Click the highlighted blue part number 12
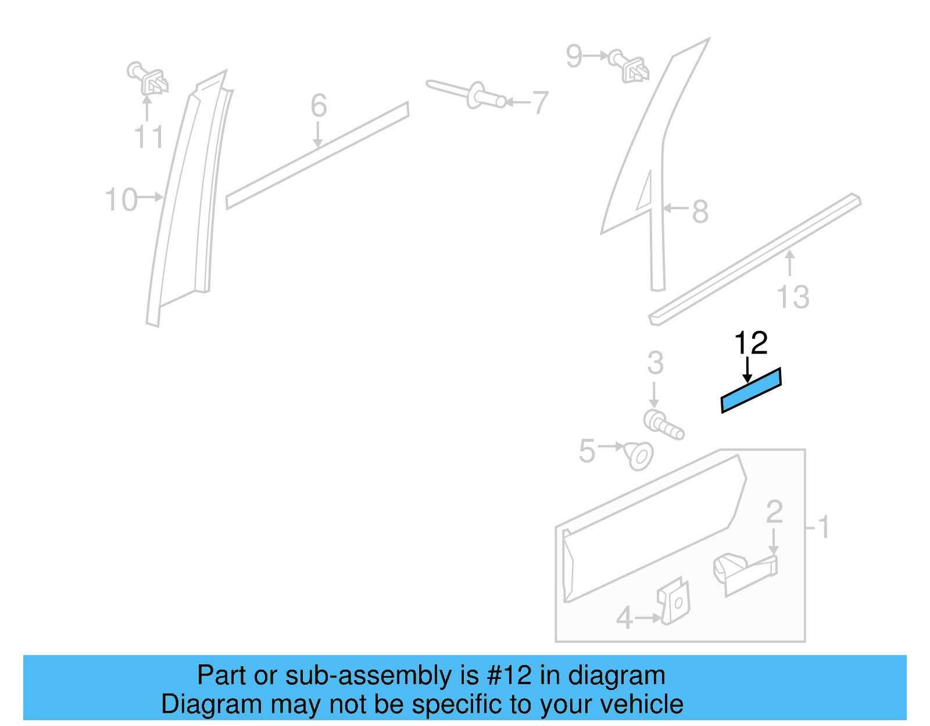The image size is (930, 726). pyautogui.click(x=751, y=390)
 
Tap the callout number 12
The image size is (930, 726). pyautogui.click(x=751, y=343)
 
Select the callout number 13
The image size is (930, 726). pyautogui.click(x=793, y=296)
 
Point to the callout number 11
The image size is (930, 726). pyautogui.click(x=148, y=137)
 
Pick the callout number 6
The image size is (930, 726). pyautogui.click(x=319, y=106)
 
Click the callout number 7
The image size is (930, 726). pyautogui.click(x=541, y=103)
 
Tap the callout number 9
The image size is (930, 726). pyautogui.click(x=574, y=56)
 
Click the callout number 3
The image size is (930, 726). pyautogui.click(x=655, y=363)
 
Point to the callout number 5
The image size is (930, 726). pyautogui.click(x=587, y=451)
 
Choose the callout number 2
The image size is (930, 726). pyautogui.click(x=774, y=512)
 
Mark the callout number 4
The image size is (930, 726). pyautogui.click(x=624, y=618)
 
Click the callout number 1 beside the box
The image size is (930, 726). pyautogui.click(x=823, y=528)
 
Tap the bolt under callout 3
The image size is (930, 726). pyautogui.click(x=663, y=424)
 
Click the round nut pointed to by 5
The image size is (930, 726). pyautogui.click(x=639, y=456)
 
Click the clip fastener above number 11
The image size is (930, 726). pyautogui.click(x=149, y=79)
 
